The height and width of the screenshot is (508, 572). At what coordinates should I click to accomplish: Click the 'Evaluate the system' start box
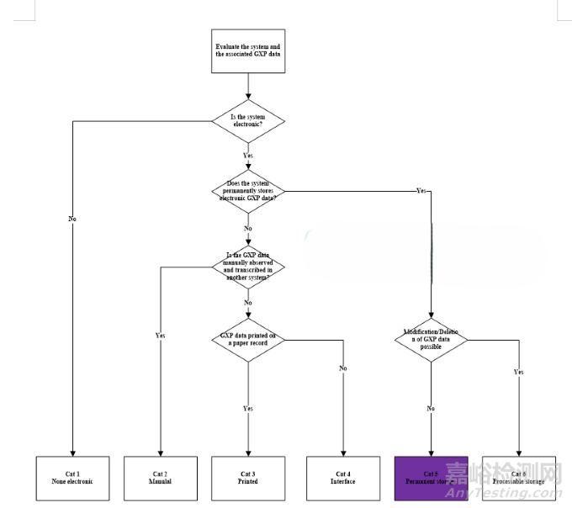(x=247, y=51)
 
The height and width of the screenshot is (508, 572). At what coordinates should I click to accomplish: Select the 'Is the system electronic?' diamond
(x=247, y=122)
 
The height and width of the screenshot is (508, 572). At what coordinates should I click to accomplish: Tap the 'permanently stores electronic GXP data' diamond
(x=247, y=191)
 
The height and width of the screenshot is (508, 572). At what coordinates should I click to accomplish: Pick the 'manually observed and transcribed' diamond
(x=247, y=267)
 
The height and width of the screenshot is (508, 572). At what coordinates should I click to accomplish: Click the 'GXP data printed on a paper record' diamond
(x=247, y=340)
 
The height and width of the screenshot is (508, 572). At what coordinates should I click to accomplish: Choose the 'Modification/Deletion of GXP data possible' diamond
(x=431, y=340)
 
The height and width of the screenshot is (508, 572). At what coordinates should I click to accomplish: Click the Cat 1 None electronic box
(x=73, y=478)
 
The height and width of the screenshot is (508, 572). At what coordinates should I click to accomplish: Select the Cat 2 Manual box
(x=161, y=478)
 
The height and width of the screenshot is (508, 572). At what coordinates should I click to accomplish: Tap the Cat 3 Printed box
(x=247, y=478)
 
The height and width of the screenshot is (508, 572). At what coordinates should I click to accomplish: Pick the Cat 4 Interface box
(x=342, y=478)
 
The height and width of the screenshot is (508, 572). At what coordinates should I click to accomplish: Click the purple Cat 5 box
(x=431, y=478)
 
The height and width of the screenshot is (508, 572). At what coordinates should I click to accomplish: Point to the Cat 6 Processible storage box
(x=519, y=478)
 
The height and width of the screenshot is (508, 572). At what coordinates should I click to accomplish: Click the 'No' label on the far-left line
(x=72, y=219)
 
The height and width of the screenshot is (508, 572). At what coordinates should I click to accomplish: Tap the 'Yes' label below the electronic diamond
(x=248, y=156)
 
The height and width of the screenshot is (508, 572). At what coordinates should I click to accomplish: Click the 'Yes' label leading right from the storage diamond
(x=421, y=191)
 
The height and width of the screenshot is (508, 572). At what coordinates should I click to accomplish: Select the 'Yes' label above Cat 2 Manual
(x=161, y=336)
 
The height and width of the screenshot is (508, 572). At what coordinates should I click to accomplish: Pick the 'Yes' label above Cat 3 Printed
(x=248, y=408)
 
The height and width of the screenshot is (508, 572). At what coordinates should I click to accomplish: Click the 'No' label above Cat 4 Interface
(x=343, y=368)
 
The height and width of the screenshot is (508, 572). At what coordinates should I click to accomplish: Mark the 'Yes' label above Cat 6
(x=519, y=371)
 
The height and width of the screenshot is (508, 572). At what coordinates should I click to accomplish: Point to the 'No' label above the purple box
(x=431, y=408)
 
